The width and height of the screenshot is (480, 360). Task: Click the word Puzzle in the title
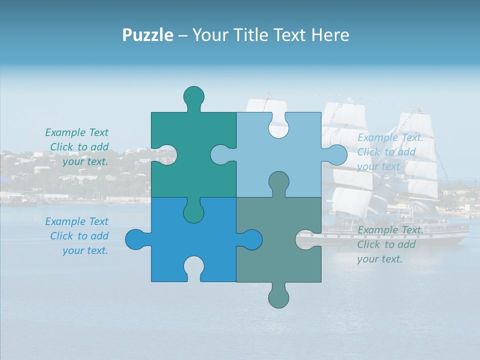(x=147, y=35)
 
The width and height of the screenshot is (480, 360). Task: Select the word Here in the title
(x=330, y=35)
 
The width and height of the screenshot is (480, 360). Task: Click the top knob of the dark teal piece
(x=194, y=96)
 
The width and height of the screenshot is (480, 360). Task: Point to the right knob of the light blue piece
(x=336, y=154)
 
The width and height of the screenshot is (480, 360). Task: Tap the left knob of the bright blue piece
(x=135, y=239)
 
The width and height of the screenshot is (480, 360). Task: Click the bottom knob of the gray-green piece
(x=278, y=297)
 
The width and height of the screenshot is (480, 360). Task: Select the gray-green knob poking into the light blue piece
(x=278, y=182)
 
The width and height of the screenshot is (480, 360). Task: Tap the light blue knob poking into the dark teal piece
(x=221, y=154)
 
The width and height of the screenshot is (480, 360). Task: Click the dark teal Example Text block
(x=78, y=147)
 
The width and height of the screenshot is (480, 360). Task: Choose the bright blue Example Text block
(x=78, y=236)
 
